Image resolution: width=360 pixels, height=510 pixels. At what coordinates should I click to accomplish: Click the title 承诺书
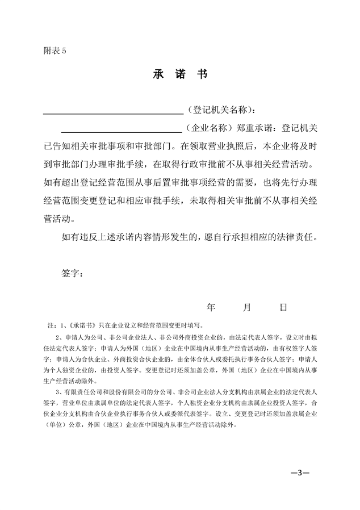click(179, 75)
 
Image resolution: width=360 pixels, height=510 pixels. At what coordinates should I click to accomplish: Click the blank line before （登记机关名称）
click(113, 110)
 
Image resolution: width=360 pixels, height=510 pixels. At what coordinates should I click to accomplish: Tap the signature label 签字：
click(72, 273)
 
